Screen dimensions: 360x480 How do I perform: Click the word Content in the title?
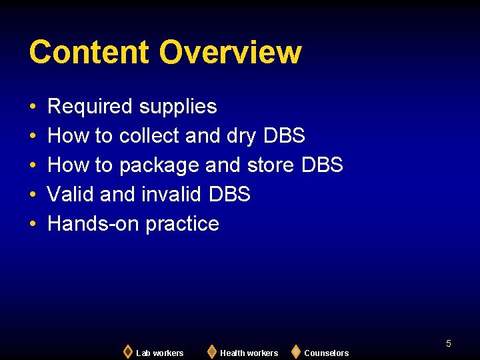point(89,52)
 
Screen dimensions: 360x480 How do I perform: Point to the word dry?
point(241,137)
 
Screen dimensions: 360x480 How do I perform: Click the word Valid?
point(71,195)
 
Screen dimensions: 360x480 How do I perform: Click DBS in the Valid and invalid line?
point(229,195)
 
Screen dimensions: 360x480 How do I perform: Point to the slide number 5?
point(449,343)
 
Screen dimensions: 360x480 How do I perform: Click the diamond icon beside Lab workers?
point(127,351)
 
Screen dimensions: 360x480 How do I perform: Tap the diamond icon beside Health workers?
point(211,351)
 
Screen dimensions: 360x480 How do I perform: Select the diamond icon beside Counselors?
point(295,351)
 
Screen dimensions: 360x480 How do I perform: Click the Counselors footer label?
point(326,353)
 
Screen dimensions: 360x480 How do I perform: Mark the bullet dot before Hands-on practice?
point(33,224)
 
